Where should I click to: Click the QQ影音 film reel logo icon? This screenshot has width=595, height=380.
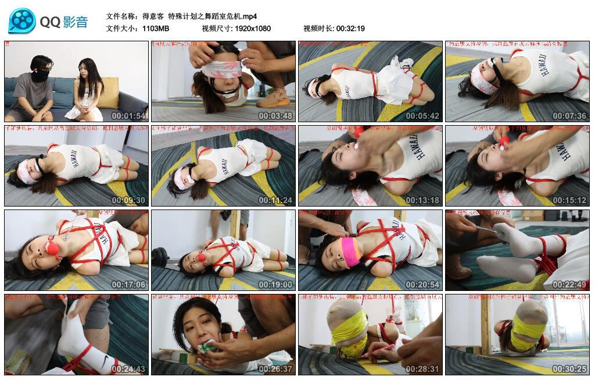coord(21,22)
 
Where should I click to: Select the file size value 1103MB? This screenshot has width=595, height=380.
coord(156,28)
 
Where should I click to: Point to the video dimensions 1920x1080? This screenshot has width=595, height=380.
coord(253,28)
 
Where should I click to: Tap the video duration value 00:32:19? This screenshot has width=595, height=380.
coord(350,28)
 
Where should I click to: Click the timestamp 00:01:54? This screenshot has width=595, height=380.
coord(130,116)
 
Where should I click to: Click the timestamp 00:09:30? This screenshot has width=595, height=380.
coord(130,200)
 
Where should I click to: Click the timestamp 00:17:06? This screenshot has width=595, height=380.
coord(130,285)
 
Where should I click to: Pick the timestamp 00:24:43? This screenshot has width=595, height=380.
coord(130,369)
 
